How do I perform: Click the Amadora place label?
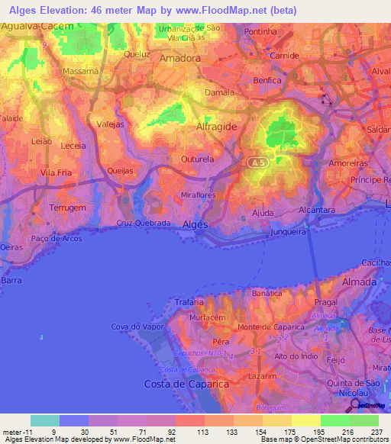point(179,57)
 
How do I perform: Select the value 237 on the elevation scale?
point(377,432)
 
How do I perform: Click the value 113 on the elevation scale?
point(202,432)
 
